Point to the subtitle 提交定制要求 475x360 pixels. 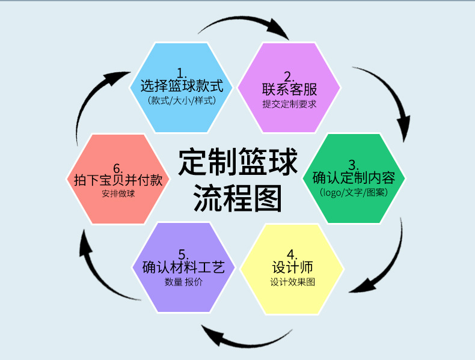289,103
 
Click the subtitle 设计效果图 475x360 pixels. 292,282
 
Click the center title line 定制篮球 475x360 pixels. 238,162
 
